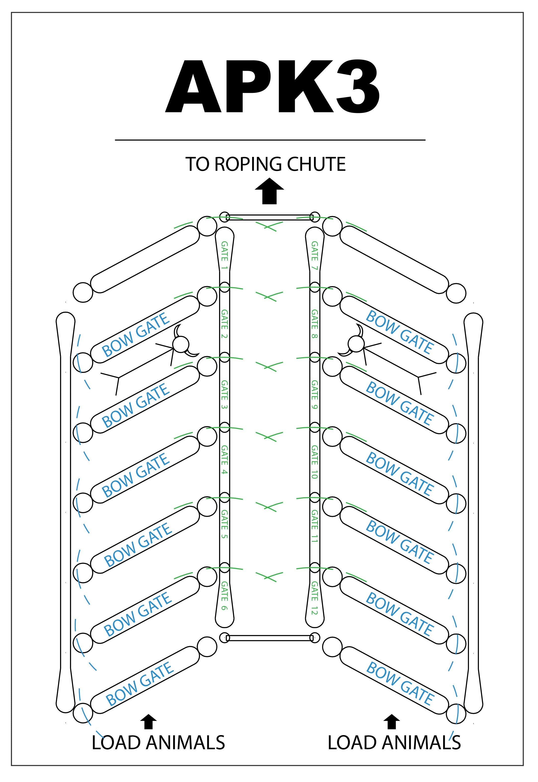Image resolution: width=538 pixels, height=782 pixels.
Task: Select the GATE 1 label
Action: [x=225, y=256]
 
